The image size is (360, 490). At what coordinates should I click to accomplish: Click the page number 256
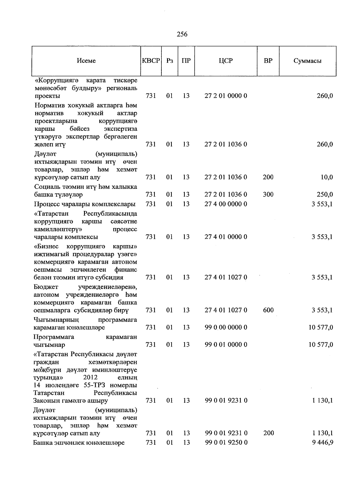[x=182, y=34]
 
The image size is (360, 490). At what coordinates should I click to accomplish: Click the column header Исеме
[x=86, y=61]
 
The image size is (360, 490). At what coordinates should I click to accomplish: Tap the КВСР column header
[x=151, y=61]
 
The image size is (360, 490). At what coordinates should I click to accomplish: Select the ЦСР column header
[x=226, y=61]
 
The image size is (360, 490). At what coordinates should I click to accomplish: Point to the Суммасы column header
[x=307, y=61]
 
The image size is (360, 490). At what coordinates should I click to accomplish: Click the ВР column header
[x=268, y=61]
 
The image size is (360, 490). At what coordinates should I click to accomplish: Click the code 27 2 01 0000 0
[x=226, y=96]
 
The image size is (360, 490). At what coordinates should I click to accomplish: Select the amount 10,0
[x=327, y=177]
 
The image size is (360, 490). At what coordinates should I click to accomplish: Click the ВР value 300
[x=268, y=194]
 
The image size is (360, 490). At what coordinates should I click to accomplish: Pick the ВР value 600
[x=268, y=310]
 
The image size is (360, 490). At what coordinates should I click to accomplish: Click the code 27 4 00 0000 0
[x=226, y=204]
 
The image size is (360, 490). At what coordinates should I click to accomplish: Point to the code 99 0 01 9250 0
[x=226, y=443]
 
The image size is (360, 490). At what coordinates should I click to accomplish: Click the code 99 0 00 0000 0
[x=226, y=327]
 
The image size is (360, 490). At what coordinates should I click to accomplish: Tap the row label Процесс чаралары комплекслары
[x=85, y=204]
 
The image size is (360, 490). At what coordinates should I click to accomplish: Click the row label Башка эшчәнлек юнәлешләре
[x=79, y=443]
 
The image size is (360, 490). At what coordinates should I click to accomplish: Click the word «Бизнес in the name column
[x=46, y=247]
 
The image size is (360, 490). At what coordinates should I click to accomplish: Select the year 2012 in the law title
[x=90, y=377]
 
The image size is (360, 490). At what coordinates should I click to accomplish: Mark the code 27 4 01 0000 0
[x=226, y=237]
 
